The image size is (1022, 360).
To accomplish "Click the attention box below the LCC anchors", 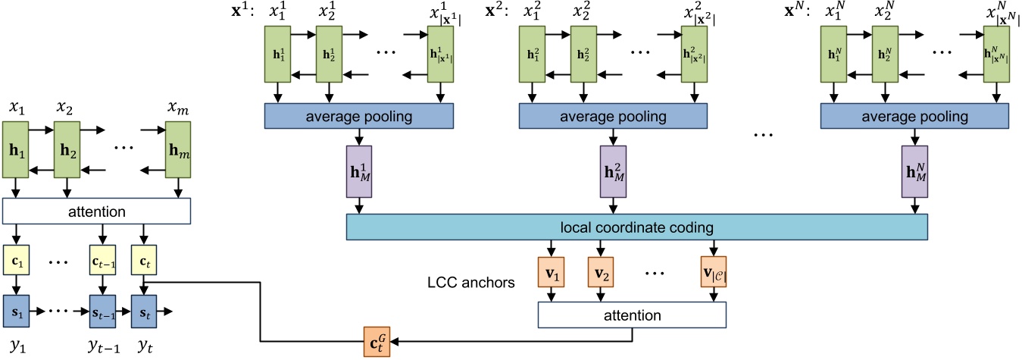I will coord(631,314).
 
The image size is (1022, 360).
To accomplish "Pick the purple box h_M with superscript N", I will coord(914,173).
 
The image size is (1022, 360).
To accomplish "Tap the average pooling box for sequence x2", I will coord(613,117).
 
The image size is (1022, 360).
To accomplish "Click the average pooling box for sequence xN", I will coord(914,117).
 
